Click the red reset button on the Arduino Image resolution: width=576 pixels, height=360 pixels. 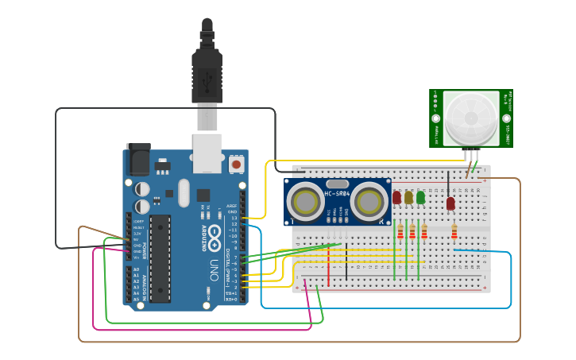[236, 165]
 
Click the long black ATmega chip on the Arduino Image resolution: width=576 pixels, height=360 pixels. [160, 257]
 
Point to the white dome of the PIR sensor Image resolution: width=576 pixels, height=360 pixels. [470, 118]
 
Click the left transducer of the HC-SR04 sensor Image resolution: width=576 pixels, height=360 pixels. [305, 203]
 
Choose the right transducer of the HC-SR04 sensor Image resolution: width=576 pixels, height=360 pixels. [370, 203]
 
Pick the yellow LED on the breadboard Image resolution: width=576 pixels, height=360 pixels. [408, 197]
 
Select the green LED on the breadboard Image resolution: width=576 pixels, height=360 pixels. [420, 196]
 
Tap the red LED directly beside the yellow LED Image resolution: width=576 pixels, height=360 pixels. [396, 197]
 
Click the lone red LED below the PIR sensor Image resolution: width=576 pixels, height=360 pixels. [450, 203]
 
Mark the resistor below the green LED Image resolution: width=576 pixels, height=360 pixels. [423, 232]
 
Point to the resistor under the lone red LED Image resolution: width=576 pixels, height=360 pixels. [454, 232]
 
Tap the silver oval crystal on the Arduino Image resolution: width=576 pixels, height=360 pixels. [184, 193]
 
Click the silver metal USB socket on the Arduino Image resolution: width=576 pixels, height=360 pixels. [207, 153]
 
